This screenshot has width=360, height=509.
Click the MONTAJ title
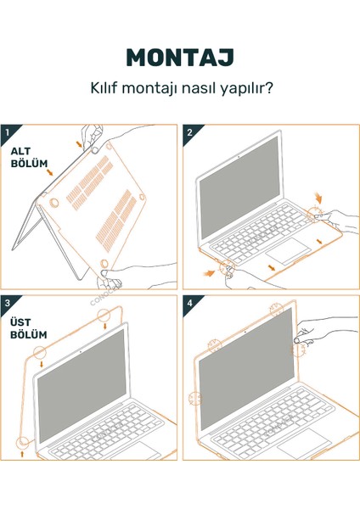click(x=179, y=58)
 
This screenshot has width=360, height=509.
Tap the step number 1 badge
click(x=8, y=131)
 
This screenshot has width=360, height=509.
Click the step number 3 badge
click(x=8, y=302)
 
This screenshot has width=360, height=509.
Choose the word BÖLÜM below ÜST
click(x=28, y=335)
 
